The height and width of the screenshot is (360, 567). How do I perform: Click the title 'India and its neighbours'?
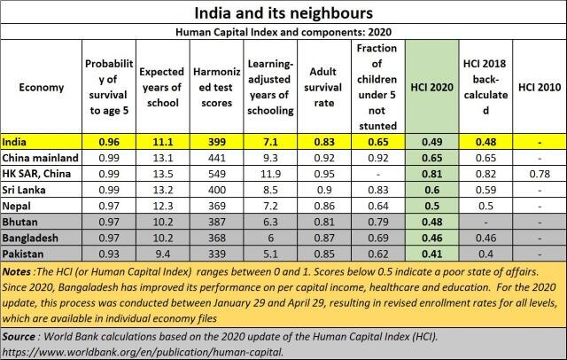click(x=283, y=13)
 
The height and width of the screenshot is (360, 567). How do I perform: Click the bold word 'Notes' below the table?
click(x=19, y=270)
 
